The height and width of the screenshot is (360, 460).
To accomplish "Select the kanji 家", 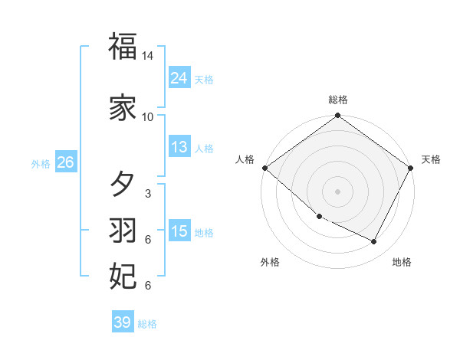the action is [123, 108].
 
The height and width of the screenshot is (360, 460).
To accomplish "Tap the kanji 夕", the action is [123, 185].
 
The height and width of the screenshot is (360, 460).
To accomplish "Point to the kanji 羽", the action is [123, 229].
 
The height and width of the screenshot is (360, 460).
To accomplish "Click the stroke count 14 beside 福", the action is [148, 57].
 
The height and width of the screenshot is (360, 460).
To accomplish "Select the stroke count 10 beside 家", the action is [148, 116].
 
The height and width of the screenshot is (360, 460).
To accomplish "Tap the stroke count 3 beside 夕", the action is [147, 194].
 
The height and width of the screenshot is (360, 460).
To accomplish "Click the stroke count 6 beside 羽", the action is [147, 240].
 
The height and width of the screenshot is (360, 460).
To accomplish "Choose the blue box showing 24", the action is [179, 78].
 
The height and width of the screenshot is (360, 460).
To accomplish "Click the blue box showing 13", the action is [179, 147].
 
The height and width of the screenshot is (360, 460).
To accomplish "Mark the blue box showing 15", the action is [179, 231].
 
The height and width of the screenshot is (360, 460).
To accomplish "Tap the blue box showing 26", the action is [65, 162].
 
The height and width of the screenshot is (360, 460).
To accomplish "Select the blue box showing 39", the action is [122, 322].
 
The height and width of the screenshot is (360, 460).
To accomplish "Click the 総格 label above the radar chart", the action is [338, 100].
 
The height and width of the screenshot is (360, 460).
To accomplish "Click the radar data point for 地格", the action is [374, 241].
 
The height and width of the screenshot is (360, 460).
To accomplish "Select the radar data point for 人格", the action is [264, 168].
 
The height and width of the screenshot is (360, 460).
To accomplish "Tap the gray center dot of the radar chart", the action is [338, 191].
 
